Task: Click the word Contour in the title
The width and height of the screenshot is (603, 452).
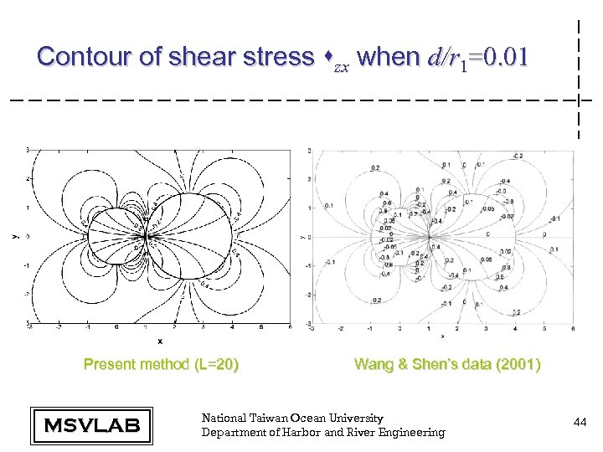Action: [x=76, y=57]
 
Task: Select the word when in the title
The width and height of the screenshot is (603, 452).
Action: [x=387, y=57]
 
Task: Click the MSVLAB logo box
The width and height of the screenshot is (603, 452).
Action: [x=91, y=426]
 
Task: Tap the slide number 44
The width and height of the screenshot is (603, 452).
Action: [x=580, y=424]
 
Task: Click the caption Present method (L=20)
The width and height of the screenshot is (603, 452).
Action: [x=162, y=364]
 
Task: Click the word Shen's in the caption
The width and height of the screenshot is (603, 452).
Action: [x=451, y=364]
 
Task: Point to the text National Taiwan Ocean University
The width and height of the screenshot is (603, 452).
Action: [x=292, y=418]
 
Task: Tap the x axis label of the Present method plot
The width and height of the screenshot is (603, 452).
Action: [x=160, y=342]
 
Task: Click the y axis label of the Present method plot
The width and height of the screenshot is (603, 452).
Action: [x=14, y=237]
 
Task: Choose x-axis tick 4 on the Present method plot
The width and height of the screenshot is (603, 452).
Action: [x=233, y=327]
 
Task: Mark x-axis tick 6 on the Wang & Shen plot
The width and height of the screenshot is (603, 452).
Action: [x=573, y=328]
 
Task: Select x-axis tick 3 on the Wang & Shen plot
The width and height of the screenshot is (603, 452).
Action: [x=486, y=328]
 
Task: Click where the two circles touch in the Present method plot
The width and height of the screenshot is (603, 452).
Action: [x=147, y=237]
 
